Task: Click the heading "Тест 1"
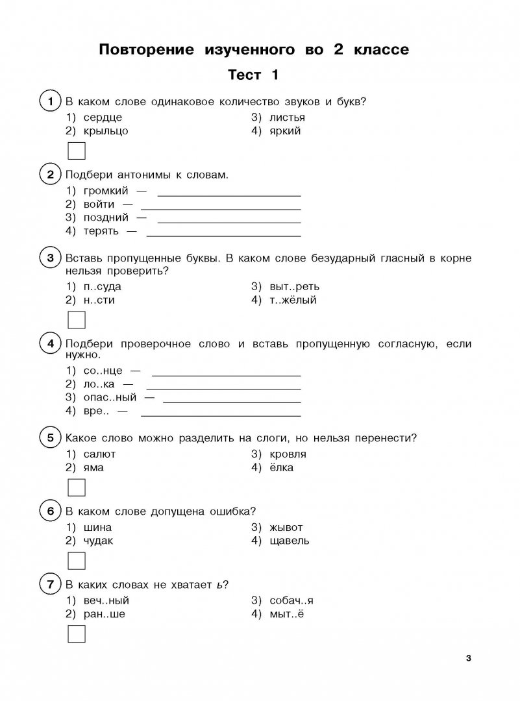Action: coord(253,76)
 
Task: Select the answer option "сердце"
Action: coord(103,117)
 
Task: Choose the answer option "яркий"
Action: coord(285,130)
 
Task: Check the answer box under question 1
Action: coord(77,152)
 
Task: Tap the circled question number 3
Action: coord(50,258)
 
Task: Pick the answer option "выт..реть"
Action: coord(294,286)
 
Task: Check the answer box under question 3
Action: coord(77,321)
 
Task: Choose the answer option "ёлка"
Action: coord(281,467)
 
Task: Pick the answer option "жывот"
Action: coord(286,527)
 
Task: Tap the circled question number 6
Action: coord(50,511)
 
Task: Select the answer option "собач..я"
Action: coord(291,600)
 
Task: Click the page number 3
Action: coord(469,659)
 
